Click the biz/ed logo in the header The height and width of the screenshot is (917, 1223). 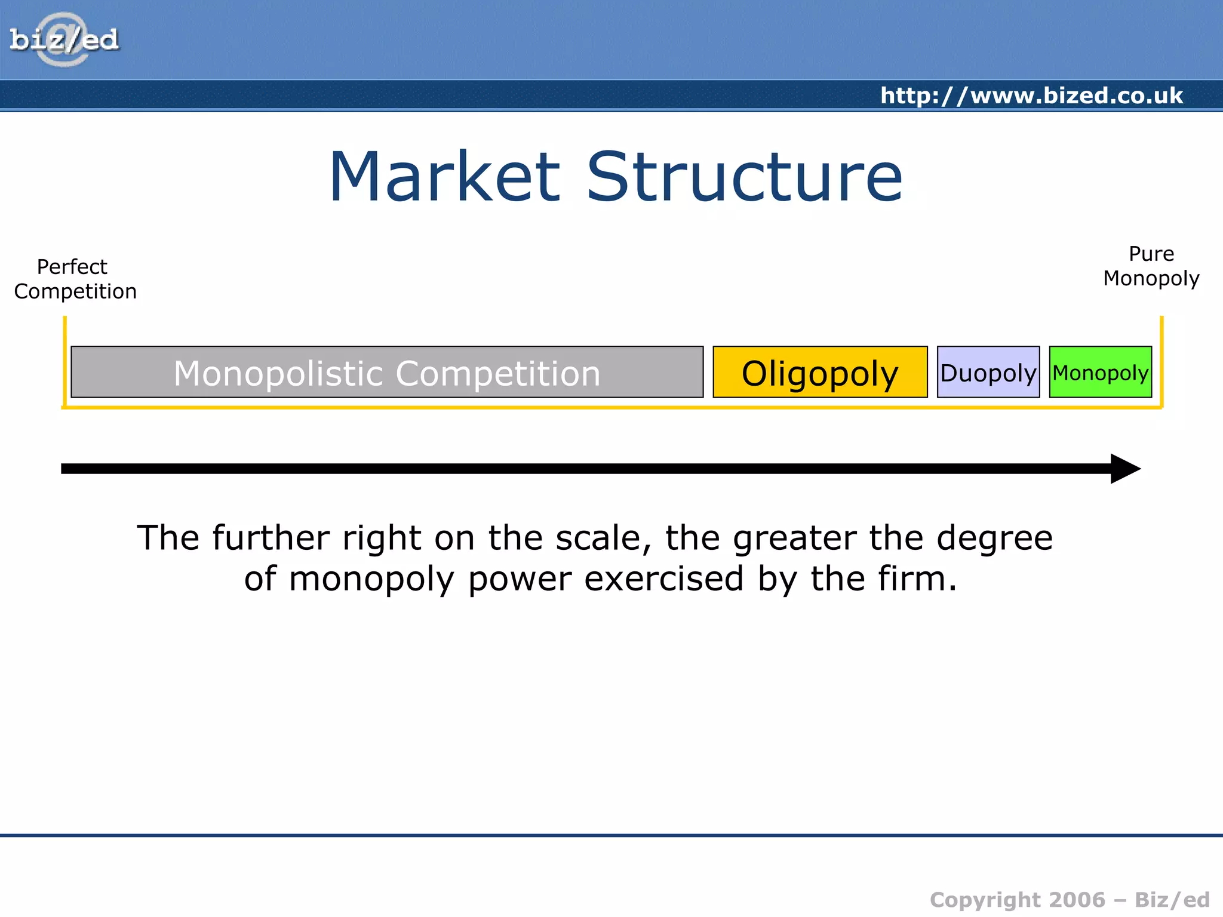tap(64, 40)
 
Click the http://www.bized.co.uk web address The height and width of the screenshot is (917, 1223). tap(1031, 96)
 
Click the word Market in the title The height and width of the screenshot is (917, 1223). tap(444, 177)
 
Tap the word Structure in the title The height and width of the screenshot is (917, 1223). tap(744, 177)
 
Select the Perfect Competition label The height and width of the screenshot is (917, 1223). tap(75, 279)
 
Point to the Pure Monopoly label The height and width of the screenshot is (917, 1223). tap(1151, 266)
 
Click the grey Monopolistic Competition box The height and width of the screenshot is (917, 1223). tap(387, 372)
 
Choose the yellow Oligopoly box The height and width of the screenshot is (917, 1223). tap(820, 372)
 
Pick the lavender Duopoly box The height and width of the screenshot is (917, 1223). tap(988, 372)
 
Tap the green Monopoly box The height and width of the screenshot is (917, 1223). tap(1100, 372)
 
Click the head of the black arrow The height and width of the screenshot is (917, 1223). tap(1125, 469)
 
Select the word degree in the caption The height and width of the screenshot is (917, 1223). tap(994, 537)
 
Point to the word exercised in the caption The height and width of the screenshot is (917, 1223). tap(663, 578)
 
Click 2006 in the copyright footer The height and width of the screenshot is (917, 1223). tap(1077, 900)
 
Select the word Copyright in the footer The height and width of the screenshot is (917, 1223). tap(985, 900)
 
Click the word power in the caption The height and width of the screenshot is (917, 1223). tap(520, 578)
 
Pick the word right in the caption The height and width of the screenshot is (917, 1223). tap(382, 537)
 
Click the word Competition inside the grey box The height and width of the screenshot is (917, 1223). tap(498, 373)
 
